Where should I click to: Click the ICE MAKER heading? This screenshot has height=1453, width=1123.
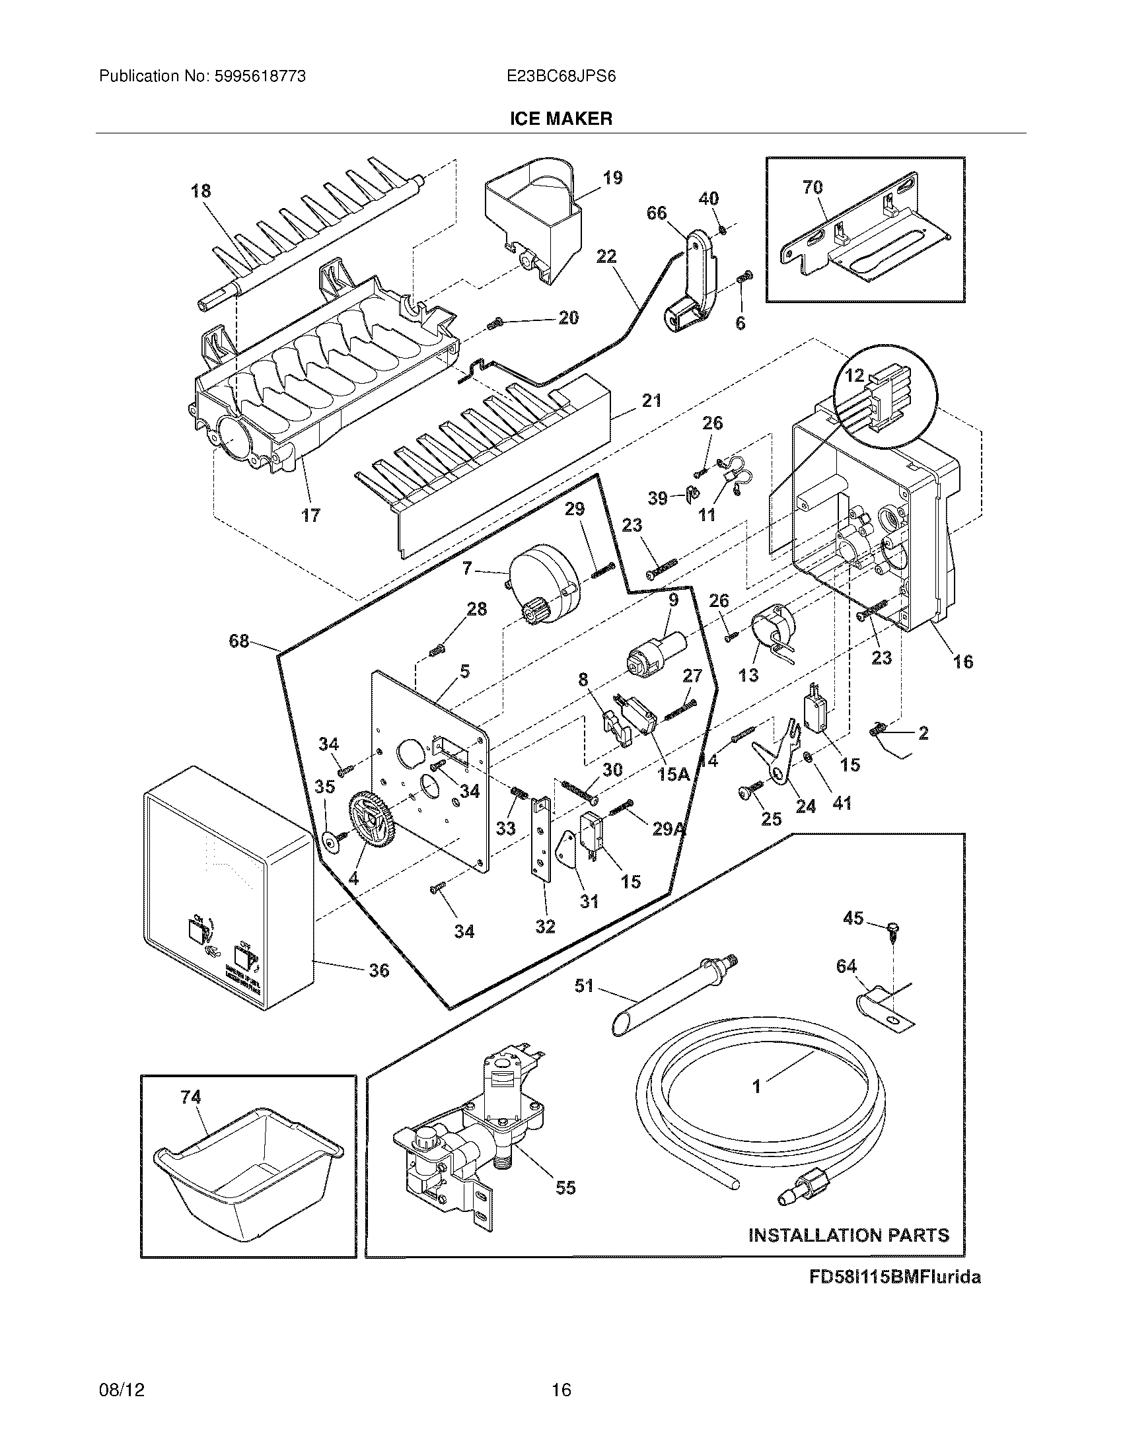click(561, 118)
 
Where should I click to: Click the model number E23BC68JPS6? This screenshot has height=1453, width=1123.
click(561, 77)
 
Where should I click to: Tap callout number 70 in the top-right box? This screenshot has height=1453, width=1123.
click(813, 188)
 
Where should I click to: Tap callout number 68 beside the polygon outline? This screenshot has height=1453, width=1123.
click(238, 641)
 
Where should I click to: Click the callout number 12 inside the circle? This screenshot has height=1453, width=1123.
click(854, 376)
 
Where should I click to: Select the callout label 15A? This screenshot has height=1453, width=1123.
click(672, 773)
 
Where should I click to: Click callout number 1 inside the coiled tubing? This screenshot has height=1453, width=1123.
click(756, 1086)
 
